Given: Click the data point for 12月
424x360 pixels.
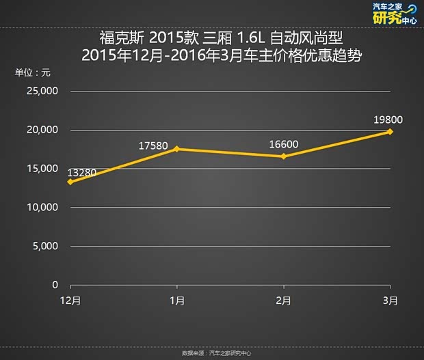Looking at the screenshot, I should click(x=70, y=182).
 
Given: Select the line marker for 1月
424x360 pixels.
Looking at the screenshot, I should click(x=176, y=149).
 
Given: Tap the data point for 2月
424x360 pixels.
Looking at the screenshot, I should click(x=283, y=156).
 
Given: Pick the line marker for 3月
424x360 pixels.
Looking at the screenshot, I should click(x=390, y=131).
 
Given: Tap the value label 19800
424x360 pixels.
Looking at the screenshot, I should click(x=388, y=119).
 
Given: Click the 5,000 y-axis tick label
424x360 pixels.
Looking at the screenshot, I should click(x=44, y=246).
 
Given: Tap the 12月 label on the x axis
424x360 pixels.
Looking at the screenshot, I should click(x=70, y=301).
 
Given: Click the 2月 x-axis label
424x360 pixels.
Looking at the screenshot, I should click(x=283, y=301).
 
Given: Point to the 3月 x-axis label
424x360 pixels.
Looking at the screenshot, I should click(x=390, y=301).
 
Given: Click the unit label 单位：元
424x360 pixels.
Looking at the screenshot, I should click(x=34, y=72).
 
